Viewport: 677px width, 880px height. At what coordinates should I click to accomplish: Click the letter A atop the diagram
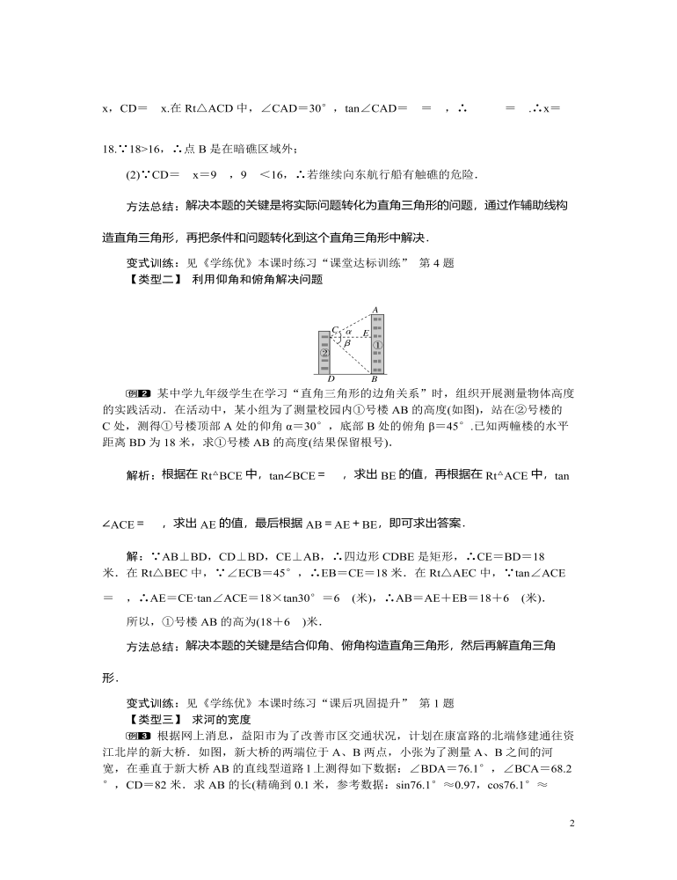(x=375, y=310)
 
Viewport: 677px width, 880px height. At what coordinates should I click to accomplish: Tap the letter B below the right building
(x=375, y=379)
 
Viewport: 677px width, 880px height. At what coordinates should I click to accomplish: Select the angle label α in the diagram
(x=349, y=333)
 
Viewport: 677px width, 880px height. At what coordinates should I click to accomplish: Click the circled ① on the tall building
(x=375, y=345)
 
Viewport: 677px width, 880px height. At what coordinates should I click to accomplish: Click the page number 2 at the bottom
(x=571, y=823)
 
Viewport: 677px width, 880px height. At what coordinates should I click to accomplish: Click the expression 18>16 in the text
(x=137, y=150)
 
